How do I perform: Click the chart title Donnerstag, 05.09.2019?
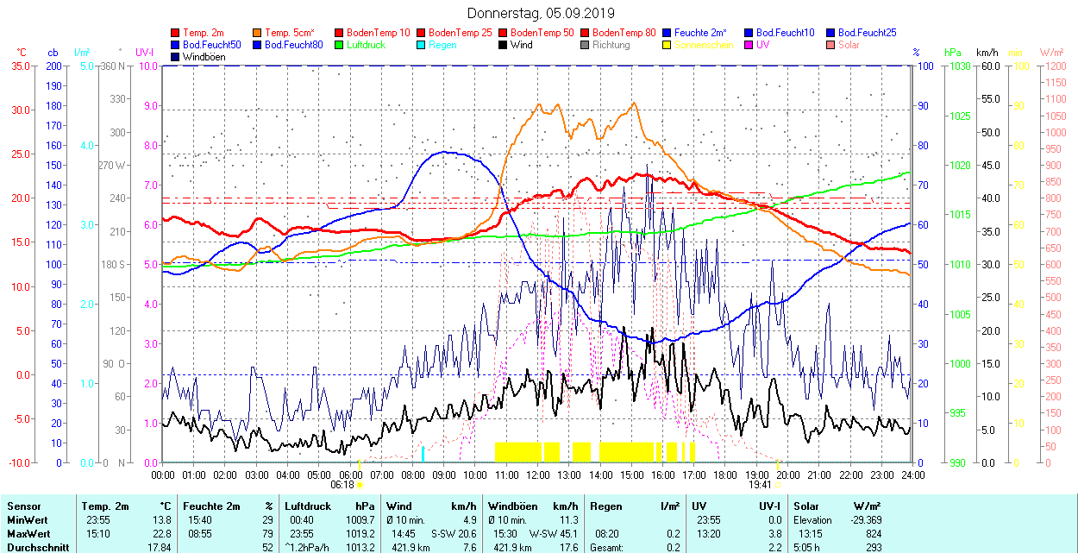pos(541,13)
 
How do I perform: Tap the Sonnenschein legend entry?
pos(704,45)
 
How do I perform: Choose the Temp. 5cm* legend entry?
pos(289,33)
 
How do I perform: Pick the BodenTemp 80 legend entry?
pos(624,33)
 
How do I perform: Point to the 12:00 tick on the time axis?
pos(538,475)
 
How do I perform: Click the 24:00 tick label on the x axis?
pos(913,475)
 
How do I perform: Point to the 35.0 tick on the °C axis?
pos(17,66)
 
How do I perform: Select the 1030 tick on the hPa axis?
pos(956,66)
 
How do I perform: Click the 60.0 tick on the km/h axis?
pos(988,66)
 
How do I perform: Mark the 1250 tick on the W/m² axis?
pos(1055,66)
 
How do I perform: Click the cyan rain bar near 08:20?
pos(423,454)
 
